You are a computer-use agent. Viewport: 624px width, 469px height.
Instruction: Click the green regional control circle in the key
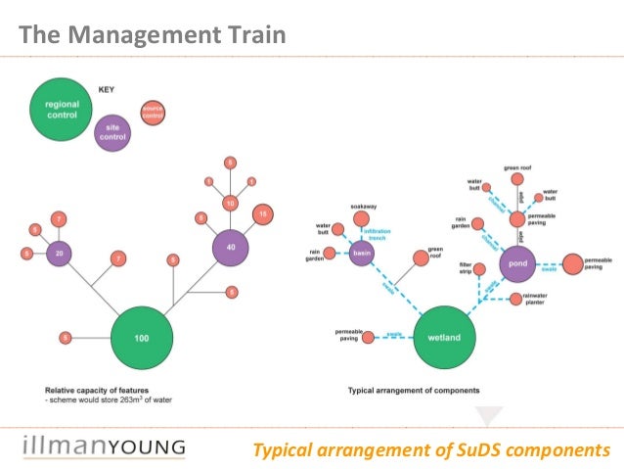(63, 110)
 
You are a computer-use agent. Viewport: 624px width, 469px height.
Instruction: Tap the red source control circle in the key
(152, 114)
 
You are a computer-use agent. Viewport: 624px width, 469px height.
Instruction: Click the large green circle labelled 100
(143, 338)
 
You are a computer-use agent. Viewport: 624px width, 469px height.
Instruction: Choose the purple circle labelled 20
(61, 253)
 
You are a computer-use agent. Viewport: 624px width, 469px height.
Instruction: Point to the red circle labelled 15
(262, 213)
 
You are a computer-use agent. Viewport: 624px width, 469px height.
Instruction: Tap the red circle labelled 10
(231, 204)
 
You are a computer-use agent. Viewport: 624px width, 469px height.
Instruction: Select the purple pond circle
(520, 263)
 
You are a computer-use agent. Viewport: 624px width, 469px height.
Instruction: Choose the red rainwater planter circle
(512, 299)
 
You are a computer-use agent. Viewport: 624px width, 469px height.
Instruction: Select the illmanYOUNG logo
(103, 447)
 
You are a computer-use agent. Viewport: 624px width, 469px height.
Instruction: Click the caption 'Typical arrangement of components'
(414, 390)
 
